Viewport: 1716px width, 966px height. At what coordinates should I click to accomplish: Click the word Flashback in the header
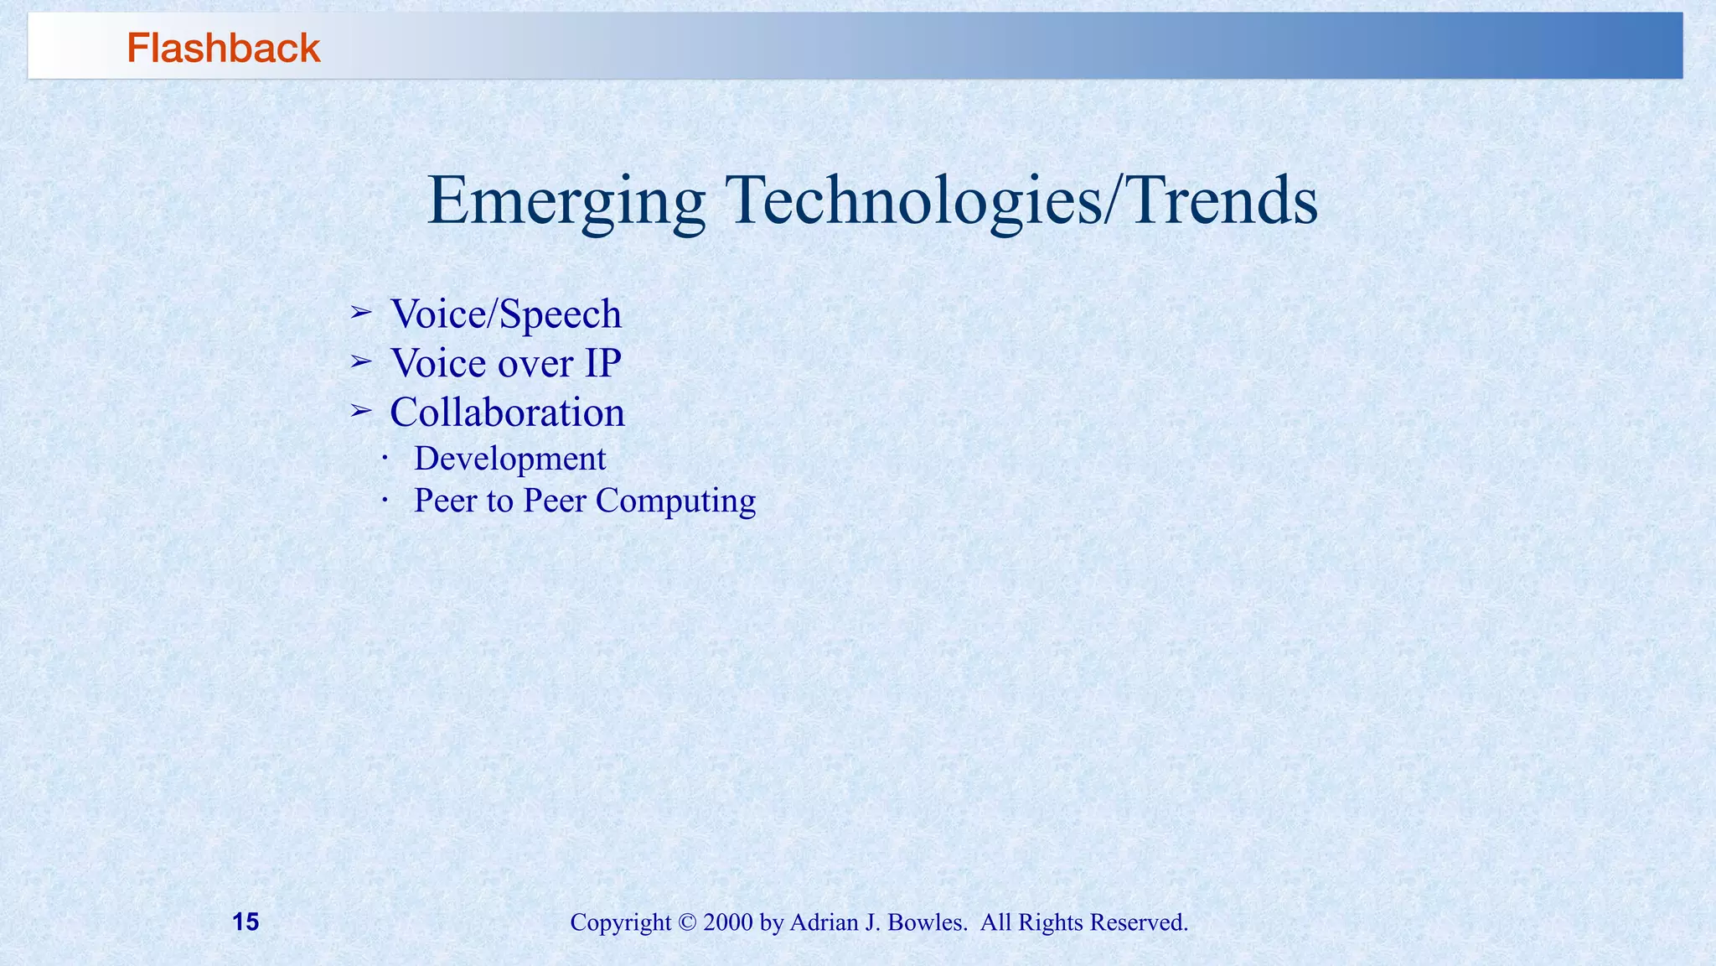223,48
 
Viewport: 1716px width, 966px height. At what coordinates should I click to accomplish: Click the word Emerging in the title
566,201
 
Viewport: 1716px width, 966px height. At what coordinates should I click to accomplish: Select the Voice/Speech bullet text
506,314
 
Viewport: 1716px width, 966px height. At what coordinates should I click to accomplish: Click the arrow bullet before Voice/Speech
360,313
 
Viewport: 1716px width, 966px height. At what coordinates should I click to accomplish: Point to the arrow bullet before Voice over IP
360,362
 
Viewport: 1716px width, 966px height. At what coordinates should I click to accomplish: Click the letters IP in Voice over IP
602,363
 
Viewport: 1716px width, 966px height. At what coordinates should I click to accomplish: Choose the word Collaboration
507,413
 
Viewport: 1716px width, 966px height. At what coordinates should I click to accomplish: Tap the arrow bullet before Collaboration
360,411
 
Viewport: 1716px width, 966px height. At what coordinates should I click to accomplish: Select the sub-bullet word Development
509,459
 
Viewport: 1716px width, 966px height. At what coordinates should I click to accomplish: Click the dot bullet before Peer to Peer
384,501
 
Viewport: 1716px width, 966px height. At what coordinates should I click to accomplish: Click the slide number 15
246,922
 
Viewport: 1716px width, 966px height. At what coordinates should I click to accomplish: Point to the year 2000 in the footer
728,922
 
